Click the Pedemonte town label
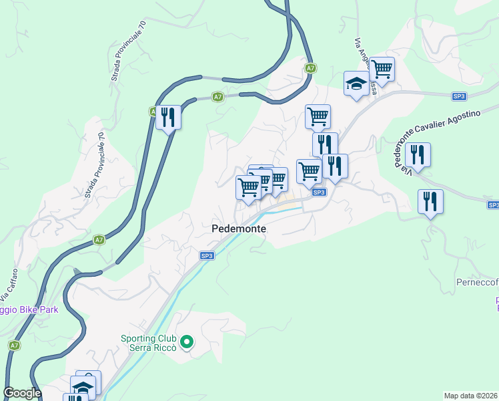[239, 229]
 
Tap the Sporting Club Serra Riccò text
[149, 343]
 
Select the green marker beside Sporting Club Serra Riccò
[187, 344]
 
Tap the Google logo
[22, 393]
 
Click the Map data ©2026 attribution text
[470, 395]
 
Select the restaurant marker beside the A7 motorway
[168, 118]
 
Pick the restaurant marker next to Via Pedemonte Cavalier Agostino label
[418, 154]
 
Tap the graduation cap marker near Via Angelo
[356, 84]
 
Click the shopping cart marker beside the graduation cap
[382, 69]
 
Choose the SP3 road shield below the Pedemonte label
[207, 255]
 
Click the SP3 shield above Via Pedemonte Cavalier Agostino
[458, 96]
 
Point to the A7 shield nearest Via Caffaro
[99, 239]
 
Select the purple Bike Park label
[29, 309]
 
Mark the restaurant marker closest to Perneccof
[430, 201]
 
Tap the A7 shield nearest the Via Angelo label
[311, 68]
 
